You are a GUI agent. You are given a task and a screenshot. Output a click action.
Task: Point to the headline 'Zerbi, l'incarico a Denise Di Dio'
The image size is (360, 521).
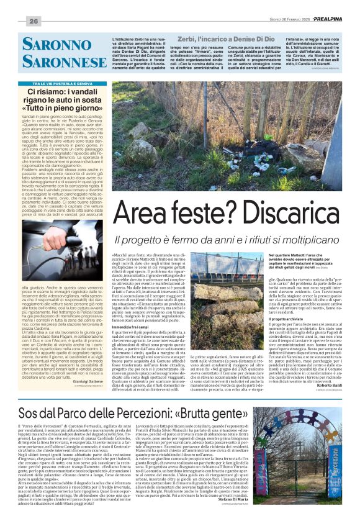click(225, 39)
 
